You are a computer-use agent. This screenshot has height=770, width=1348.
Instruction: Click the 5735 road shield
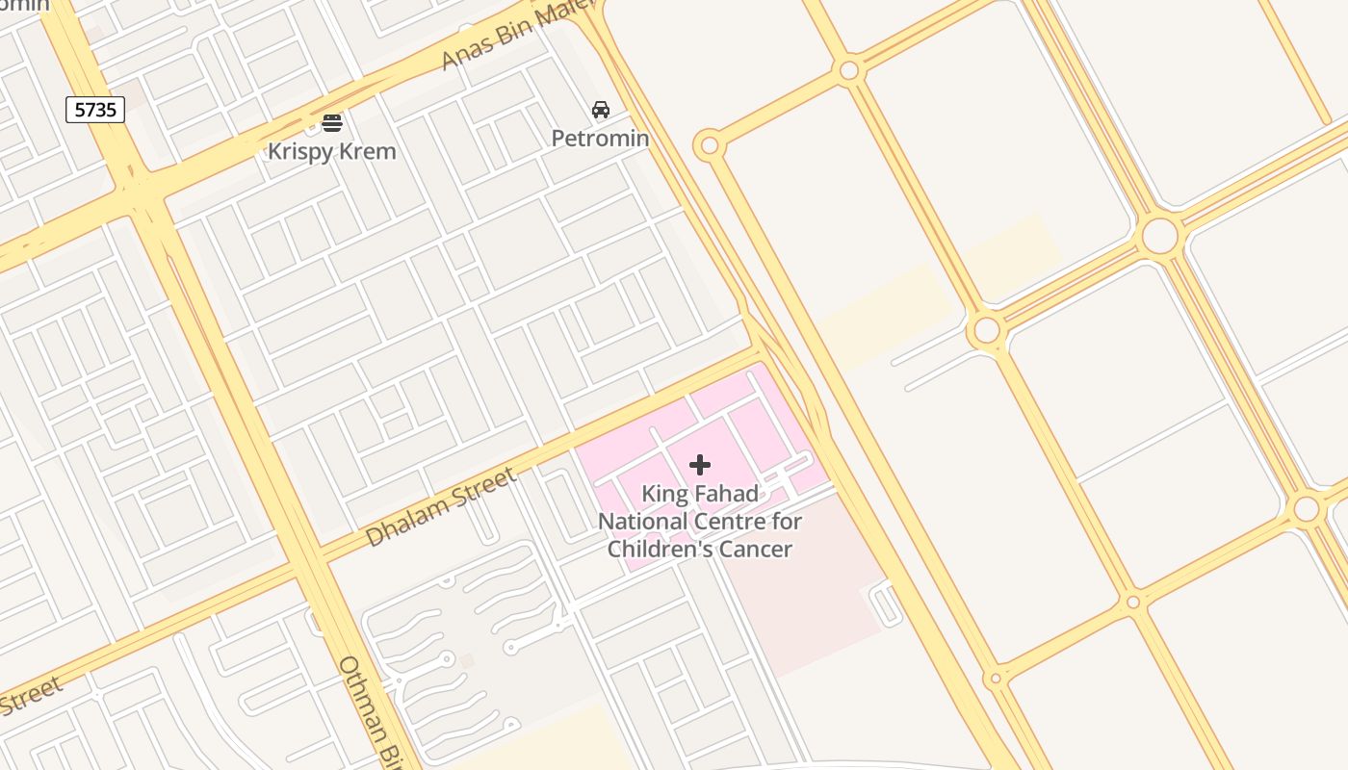pos(96,110)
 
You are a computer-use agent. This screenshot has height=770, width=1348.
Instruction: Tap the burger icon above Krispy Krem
pos(332,123)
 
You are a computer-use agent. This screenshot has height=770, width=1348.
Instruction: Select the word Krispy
pos(299,151)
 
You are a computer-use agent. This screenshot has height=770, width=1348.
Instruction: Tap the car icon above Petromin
pos(601,110)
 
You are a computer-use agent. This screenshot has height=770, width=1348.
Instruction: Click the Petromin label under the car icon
pos(600,139)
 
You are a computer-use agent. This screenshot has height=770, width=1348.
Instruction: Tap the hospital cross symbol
pos(700,466)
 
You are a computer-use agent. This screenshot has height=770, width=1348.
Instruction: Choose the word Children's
pos(662,550)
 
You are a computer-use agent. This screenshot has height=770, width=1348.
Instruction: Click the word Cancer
pos(758,550)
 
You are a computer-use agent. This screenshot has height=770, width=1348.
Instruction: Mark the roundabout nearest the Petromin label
pos(709,145)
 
